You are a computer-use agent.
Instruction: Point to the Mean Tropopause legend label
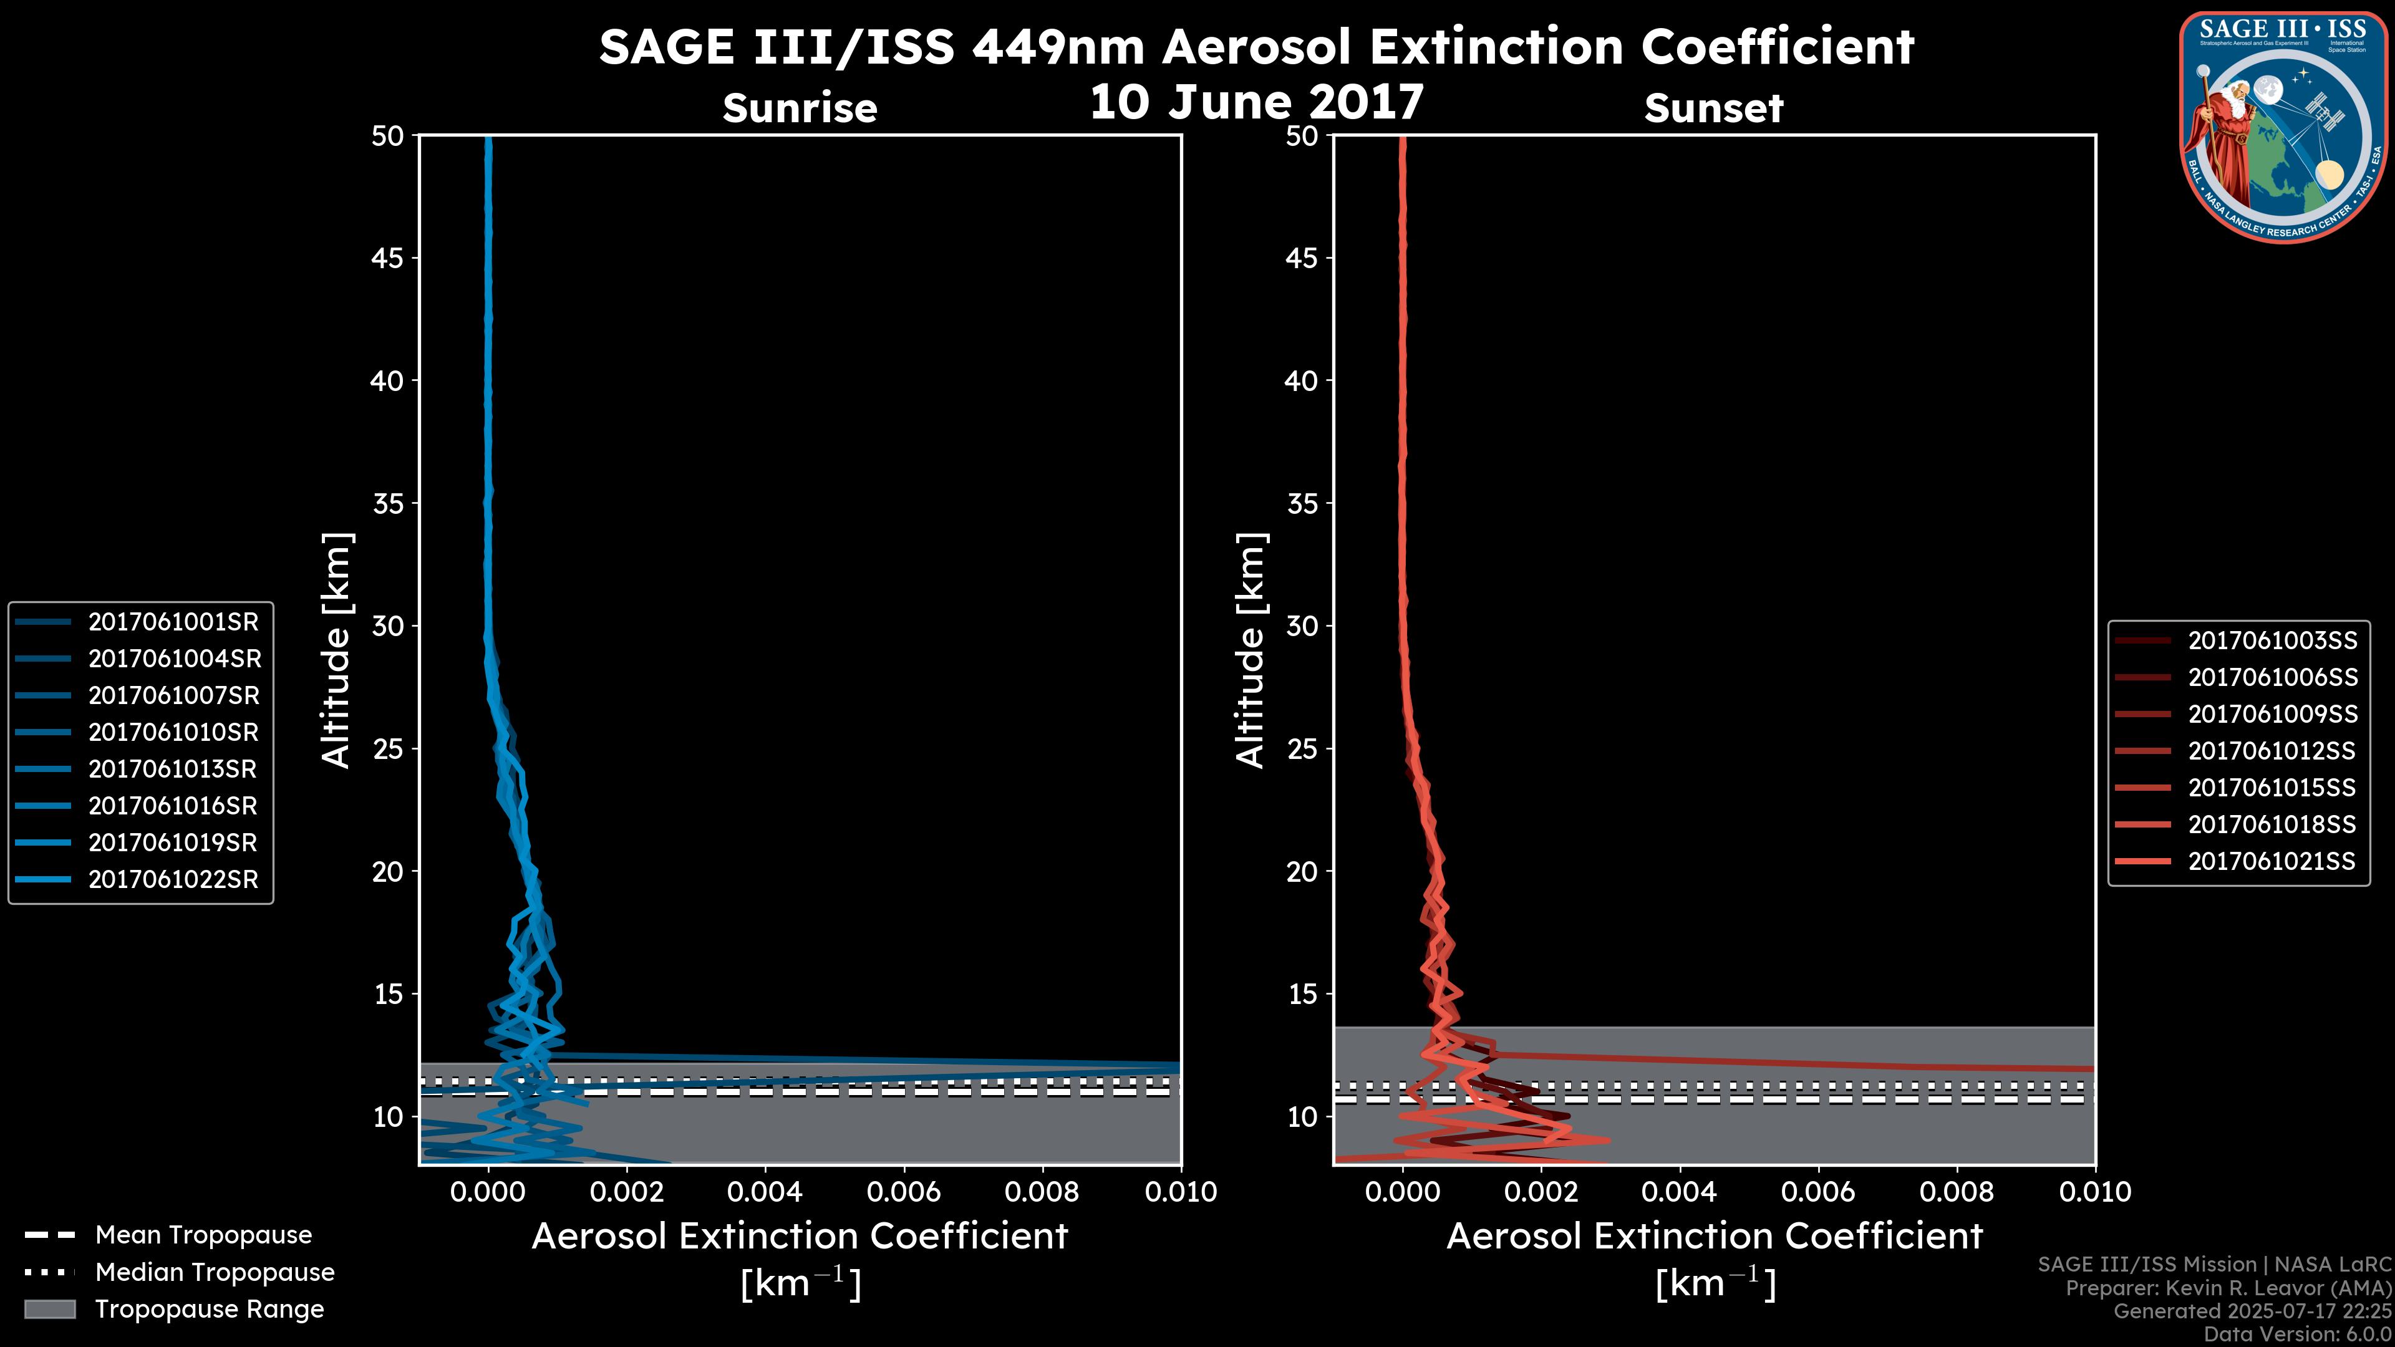pos(203,1235)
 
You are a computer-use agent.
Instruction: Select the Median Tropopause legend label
pos(214,1273)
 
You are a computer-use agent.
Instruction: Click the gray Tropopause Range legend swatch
pos(49,1310)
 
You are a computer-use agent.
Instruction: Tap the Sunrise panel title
pos(800,109)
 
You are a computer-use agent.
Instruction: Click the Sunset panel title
pos(1713,109)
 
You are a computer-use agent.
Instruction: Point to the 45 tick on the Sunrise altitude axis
pos(388,258)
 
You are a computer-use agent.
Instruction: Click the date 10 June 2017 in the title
pos(1256,102)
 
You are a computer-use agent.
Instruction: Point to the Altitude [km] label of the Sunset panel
pos(1251,650)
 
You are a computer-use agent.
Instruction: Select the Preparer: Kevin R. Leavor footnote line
pos(2228,1288)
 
